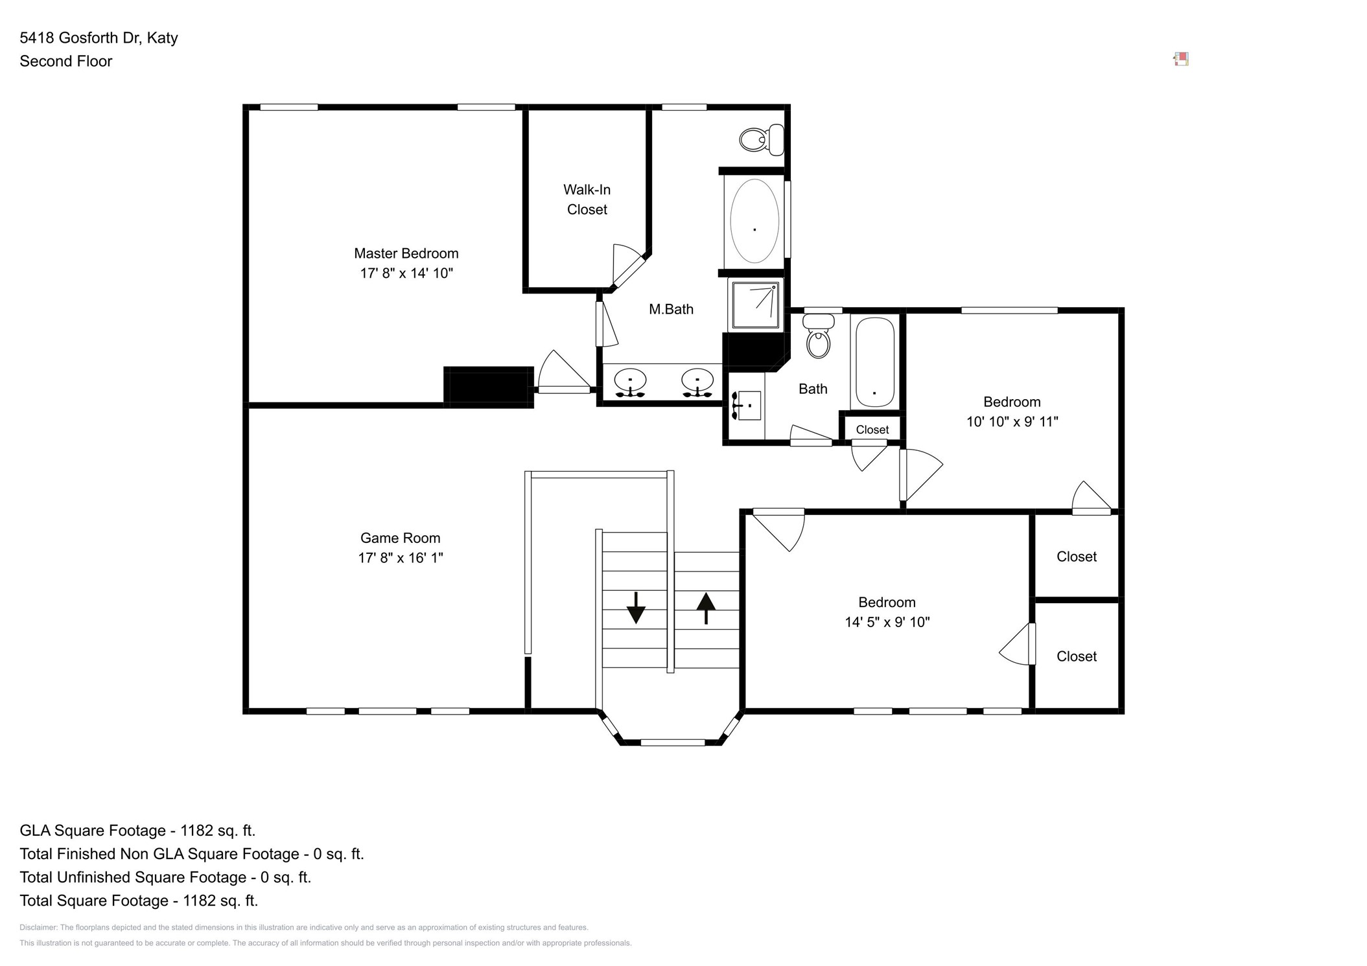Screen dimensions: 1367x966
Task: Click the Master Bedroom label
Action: tap(406, 253)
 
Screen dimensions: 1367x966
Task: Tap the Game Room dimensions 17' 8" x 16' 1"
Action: tap(401, 558)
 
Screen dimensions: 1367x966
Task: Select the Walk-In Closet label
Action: tap(587, 200)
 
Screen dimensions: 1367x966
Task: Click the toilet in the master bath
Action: tap(762, 139)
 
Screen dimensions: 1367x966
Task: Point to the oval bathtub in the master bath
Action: tap(754, 221)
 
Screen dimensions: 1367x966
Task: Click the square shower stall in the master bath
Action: tap(755, 305)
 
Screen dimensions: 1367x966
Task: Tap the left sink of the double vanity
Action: tap(630, 382)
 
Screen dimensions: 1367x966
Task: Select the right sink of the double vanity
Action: tap(697, 382)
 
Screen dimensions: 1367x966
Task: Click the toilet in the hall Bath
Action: tap(819, 336)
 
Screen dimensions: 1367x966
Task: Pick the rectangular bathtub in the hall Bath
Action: tap(875, 362)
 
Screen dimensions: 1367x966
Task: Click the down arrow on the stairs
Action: tap(636, 608)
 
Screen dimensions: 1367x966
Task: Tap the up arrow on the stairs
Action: tap(706, 608)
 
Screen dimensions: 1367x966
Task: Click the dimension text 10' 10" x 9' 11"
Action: tap(1012, 422)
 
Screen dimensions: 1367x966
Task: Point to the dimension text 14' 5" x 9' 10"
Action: tap(887, 623)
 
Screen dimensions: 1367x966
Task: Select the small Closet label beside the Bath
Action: tap(872, 430)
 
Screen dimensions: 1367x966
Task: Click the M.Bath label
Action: tap(671, 310)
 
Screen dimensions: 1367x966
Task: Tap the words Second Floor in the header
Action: tap(66, 62)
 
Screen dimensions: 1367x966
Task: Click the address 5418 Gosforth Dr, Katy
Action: tap(99, 38)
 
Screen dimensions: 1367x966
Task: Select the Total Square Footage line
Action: tap(139, 901)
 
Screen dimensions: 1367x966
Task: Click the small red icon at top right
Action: tap(1181, 60)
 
